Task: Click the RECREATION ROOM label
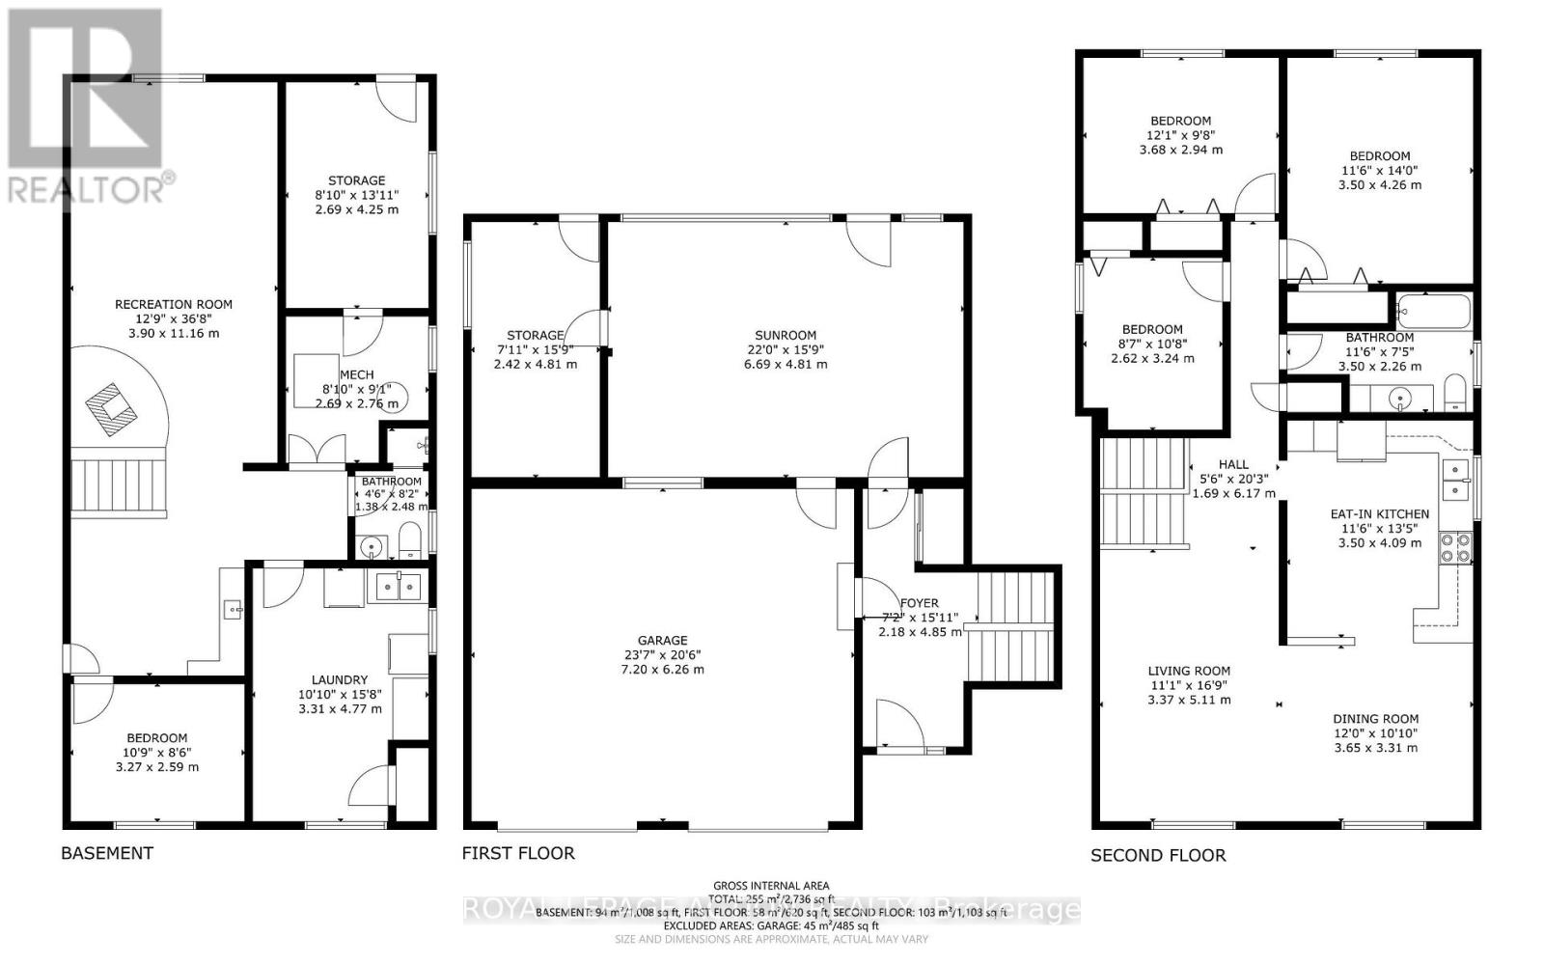tap(174, 304)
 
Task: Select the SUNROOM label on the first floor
tap(786, 336)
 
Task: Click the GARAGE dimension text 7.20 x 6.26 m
tap(662, 669)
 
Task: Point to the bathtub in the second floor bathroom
tap(1434, 311)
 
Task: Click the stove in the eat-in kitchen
tap(1455, 547)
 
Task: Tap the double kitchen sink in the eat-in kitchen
tap(1454, 480)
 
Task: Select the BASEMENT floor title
tap(107, 853)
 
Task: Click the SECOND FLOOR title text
tap(1158, 855)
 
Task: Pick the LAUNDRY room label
tap(340, 679)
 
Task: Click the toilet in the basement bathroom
tap(410, 540)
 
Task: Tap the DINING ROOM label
tap(1376, 719)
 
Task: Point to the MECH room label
tap(356, 375)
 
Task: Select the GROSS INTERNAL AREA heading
tap(770, 886)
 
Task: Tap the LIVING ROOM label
tap(1189, 672)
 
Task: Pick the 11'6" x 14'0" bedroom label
tap(1380, 156)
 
